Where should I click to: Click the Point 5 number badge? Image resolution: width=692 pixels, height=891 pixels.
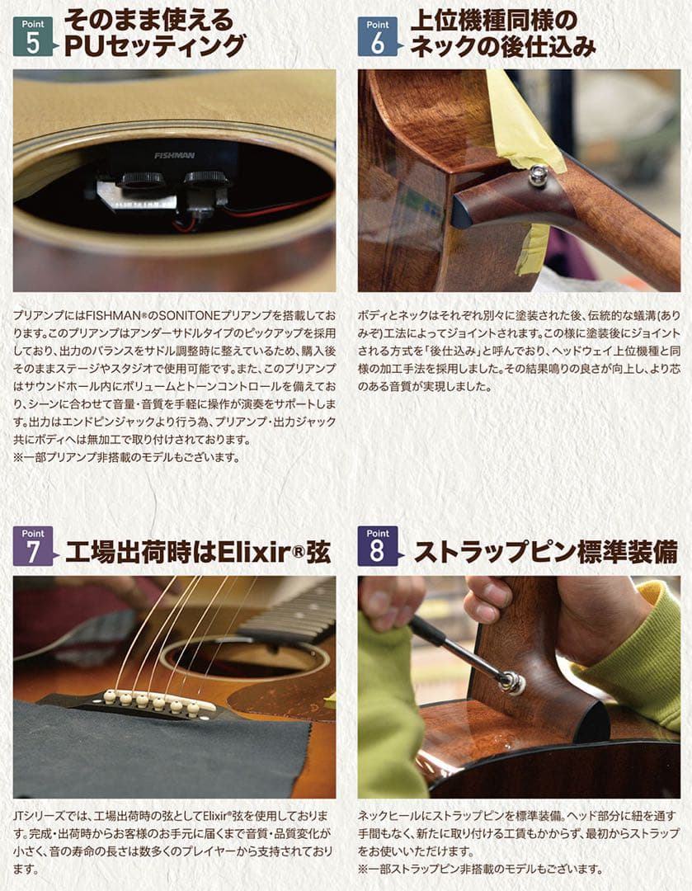(32, 39)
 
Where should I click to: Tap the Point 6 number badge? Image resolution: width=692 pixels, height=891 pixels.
(377, 39)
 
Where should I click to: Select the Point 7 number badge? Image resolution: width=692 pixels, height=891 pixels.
(32, 547)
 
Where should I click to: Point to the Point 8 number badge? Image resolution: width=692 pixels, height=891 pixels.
(377, 547)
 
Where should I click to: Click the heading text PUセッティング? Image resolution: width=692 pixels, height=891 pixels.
(155, 45)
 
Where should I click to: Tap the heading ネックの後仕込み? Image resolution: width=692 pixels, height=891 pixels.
(502, 46)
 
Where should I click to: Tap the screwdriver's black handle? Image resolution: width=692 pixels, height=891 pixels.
(430, 633)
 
